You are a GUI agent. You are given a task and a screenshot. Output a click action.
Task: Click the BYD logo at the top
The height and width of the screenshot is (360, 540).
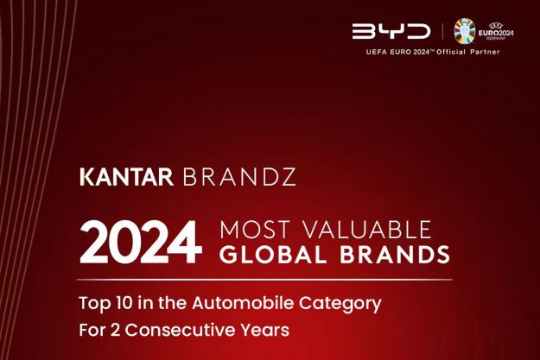point(391,31)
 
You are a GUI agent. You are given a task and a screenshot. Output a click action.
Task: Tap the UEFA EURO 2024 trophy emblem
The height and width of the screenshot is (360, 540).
point(465,31)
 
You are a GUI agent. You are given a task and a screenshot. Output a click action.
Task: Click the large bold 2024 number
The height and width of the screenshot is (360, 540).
point(141,243)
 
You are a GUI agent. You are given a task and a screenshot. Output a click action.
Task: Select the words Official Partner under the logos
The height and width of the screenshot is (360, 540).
point(470,52)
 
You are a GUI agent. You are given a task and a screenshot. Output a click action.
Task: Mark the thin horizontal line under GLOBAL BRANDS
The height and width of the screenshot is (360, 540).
point(264,280)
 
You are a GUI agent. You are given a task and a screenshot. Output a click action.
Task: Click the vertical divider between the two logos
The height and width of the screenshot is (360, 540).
point(442,31)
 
